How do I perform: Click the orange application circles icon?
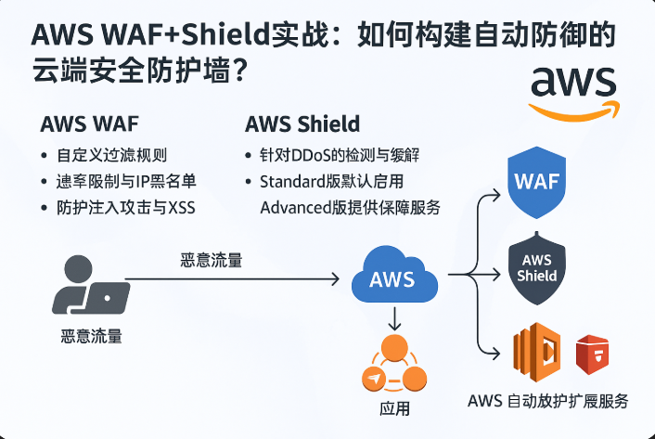click(395, 365)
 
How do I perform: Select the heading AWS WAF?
click(88, 124)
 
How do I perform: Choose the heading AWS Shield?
click(302, 124)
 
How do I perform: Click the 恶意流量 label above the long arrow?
click(212, 260)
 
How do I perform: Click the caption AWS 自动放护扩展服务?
click(547, 401)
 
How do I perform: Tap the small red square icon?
click(591, 354)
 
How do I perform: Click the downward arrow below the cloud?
click(396, 320)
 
